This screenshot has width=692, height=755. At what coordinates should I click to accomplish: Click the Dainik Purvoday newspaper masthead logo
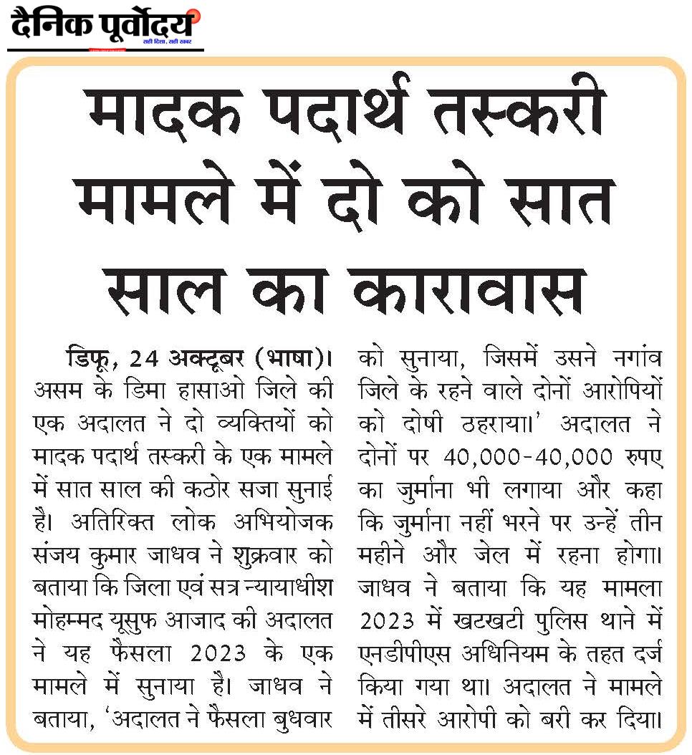[104, 27]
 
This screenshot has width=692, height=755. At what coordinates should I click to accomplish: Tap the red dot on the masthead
[196, 14]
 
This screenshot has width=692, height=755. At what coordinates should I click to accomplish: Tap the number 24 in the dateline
[145, 356]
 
